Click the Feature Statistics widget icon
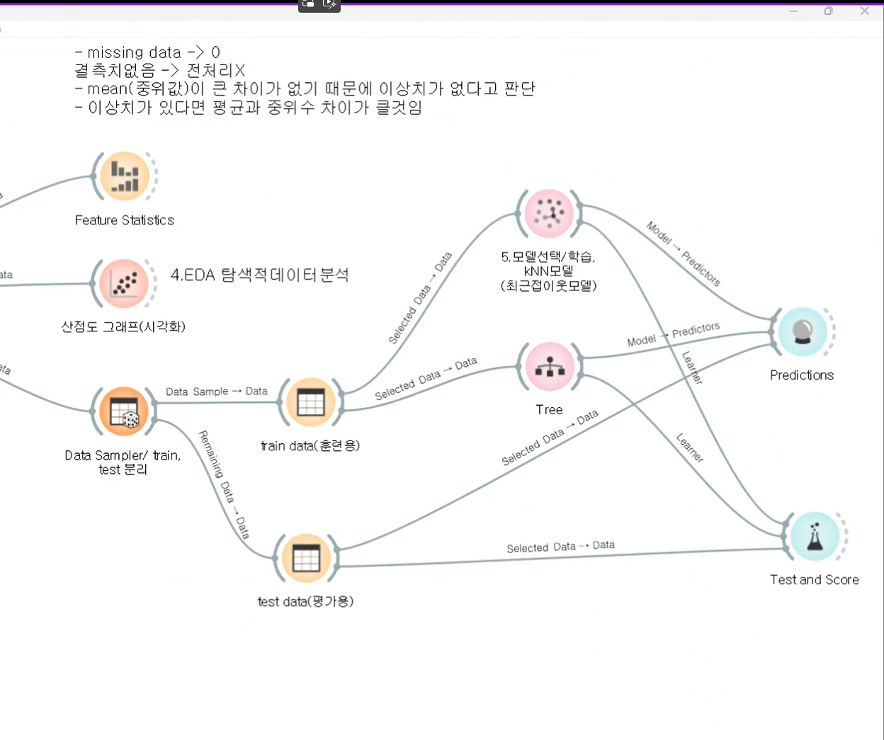point(125,176)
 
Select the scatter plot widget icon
point(124,284)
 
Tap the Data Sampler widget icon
point(124,411)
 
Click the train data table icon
point(311,402)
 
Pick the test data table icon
point(307,558)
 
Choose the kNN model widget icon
point(549,213)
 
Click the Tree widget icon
point(550,366)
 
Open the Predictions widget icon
point(802,331)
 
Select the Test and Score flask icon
point(815,536)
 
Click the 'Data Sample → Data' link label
point(217,392)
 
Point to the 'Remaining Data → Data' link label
point(224,485)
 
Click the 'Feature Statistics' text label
point(125,220)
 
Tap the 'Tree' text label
point(549,410)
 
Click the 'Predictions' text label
point(802,375)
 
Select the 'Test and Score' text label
point(815,580)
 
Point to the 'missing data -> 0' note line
point(148,52)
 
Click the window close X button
point(865,11)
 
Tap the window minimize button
point(793,11)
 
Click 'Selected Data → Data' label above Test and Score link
point(560,547)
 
